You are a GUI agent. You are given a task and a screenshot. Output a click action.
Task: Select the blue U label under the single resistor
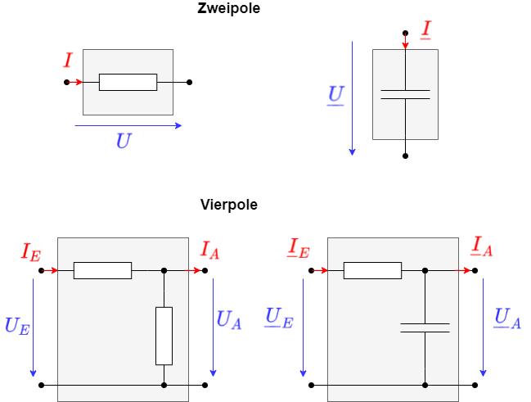(123, 140)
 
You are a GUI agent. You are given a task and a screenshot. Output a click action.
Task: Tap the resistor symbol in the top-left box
(128, 82)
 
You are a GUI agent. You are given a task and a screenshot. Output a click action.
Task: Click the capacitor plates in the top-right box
(405, 94)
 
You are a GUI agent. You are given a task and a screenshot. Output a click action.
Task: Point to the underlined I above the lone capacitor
(425, 30)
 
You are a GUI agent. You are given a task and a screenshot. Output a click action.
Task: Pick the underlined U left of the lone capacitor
(335, 91)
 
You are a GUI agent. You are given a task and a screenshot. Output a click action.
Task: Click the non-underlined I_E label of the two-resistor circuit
(30, 251)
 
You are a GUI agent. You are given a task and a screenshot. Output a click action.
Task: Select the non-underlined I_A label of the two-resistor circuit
(210, 249)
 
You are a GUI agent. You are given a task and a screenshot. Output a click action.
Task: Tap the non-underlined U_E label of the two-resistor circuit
(17, 325)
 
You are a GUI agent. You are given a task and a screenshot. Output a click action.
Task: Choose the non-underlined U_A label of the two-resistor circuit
(228, 320)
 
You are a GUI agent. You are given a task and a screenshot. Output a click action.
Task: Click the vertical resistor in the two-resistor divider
(164, 336)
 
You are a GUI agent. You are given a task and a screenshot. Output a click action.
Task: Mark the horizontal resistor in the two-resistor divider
(102, 270)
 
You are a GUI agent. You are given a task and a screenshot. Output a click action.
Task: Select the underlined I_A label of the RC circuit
(480, 246)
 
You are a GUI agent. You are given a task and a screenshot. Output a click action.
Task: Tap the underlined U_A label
(507, 318)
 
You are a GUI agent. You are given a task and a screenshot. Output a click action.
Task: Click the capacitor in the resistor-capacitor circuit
(425, 327)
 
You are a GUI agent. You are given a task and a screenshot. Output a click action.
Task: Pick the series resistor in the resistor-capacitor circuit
(372, 270)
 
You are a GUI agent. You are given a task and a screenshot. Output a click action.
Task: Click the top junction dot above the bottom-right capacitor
(425, 270)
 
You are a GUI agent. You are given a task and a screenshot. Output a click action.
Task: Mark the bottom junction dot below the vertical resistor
(164, 385)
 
